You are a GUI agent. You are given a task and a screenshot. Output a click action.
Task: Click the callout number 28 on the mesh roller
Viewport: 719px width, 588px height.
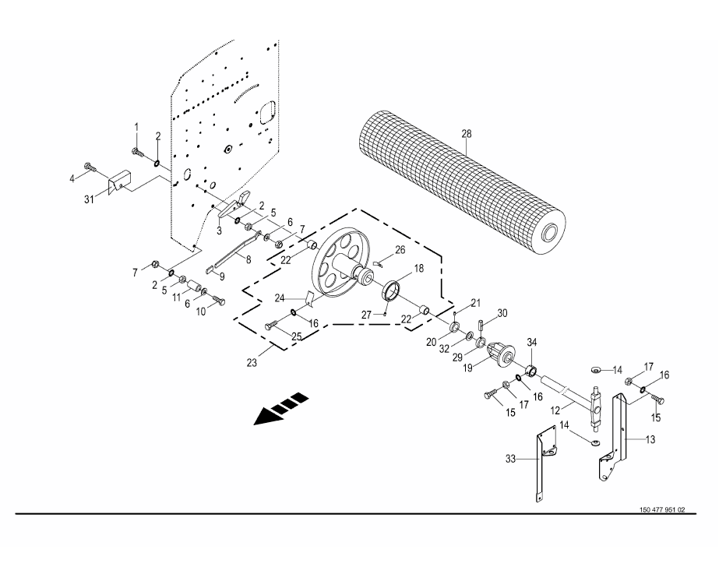(466, 134)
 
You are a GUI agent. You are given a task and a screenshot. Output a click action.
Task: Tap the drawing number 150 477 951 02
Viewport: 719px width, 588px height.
(661, 510)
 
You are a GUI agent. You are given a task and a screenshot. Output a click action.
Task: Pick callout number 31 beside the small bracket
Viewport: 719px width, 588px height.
(90, 199)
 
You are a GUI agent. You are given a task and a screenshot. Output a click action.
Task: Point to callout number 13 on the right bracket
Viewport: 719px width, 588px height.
(650, 439)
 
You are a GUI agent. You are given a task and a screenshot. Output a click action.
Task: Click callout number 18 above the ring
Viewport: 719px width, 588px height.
(418, 268)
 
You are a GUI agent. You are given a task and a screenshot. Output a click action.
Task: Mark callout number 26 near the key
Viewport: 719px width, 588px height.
(400, 250)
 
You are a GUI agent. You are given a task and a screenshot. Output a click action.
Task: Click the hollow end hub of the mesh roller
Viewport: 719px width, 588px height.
(551, 233)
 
